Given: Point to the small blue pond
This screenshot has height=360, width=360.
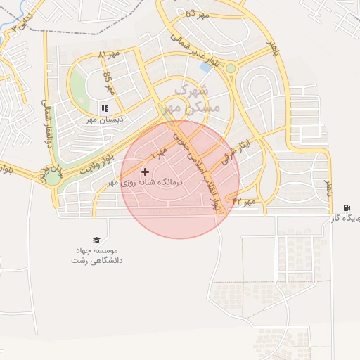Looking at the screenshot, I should [x=206, y=67].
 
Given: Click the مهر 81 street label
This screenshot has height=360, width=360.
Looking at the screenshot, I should [x=109, y=54].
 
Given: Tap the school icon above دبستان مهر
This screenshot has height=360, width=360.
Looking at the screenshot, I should [x=104, y=108].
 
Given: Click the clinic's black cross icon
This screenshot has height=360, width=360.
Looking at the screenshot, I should [x=146, y=172].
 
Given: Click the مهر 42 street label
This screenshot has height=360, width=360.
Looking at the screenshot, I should [x=246, y=202].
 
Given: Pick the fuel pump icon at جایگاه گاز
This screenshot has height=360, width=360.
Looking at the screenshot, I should [x=347, y=207].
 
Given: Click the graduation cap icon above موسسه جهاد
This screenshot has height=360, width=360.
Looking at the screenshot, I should [x=96, y=240].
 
